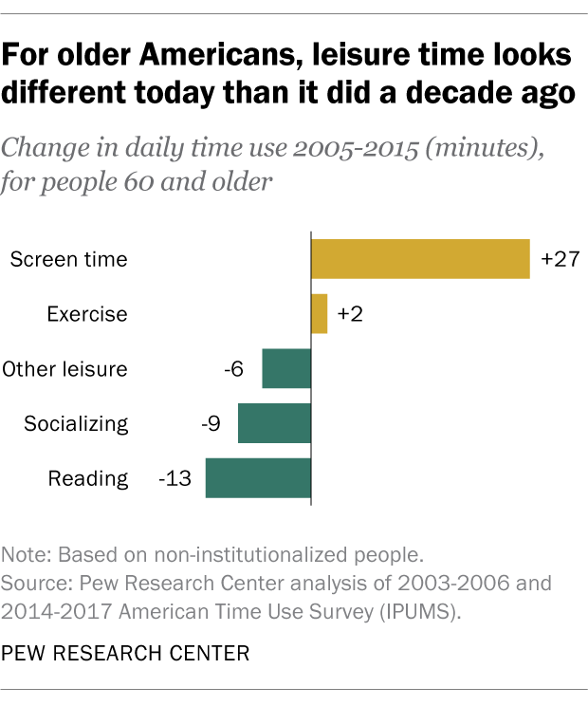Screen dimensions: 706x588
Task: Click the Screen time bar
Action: point(420,258)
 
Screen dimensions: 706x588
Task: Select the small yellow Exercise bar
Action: point(320,313)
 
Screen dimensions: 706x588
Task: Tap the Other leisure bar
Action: point(286,368)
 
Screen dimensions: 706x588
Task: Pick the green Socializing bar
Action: point(274,423)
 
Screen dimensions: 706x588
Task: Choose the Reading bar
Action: point(258,478)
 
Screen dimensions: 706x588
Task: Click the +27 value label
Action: point(560,258)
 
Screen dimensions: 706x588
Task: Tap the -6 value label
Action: point(233,368)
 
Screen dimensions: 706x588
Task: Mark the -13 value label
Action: point(175,478)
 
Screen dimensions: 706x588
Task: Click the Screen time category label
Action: point(68,259)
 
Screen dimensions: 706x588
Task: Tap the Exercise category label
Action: point(87,314)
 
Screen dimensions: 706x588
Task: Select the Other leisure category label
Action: point(65,369)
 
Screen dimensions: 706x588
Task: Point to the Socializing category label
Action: point(76,424)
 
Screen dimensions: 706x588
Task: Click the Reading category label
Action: point(88,479)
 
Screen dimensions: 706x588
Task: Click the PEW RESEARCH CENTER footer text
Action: point(126,653)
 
